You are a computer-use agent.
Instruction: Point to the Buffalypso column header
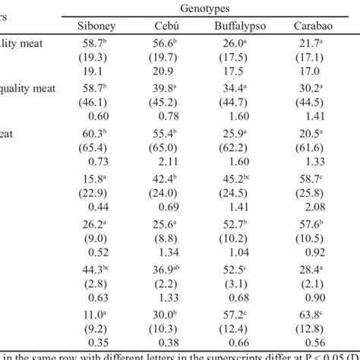click(x=242, y=26)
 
